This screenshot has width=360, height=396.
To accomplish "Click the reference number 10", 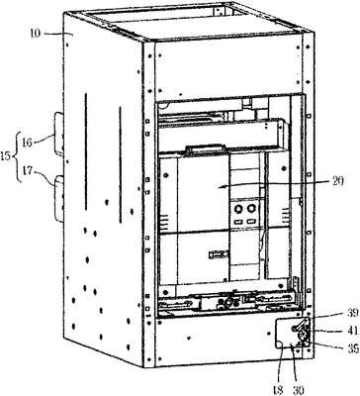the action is click(37, 34).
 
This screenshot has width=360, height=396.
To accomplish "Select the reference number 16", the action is click(28, 143).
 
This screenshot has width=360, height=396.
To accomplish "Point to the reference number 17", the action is click(28, 171).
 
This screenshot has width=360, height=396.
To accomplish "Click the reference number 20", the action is click(337, 180).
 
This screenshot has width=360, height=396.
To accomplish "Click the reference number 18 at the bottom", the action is click(279, 390).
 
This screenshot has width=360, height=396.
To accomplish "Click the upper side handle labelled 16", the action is click(58, 134).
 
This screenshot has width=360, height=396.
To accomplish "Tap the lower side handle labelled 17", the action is click(58, 198).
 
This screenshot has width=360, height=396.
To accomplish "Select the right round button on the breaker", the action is click(251, 208).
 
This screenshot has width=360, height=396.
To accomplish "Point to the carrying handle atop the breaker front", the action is click(206, 148).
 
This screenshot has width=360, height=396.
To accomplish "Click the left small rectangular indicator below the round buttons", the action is click(238, 221).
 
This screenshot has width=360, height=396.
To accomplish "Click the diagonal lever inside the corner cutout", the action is click(301, 324).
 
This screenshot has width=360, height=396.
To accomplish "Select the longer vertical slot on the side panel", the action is click(86, 151).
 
